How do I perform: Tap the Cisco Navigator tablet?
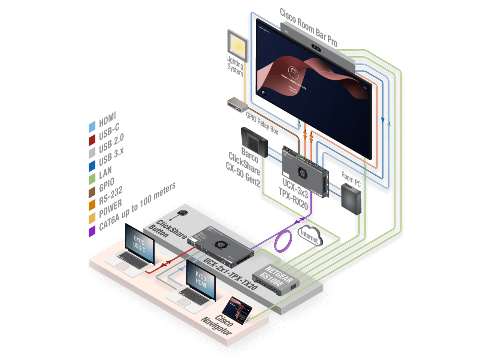pos(237,310)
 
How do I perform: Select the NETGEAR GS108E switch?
pos(276,277)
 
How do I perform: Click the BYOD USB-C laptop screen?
pos(139,245)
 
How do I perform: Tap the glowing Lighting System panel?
pos(238,46)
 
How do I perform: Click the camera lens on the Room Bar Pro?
pos(316,48)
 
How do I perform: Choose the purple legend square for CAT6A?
pos(92,232)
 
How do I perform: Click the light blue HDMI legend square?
pos(92,128)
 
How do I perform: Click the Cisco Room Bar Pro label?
pos(309,27)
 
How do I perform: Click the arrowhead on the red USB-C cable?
pos(164,265)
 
